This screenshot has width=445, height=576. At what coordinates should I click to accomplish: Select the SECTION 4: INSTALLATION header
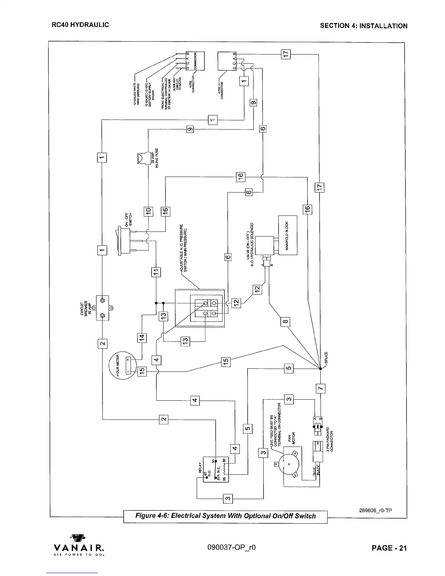[x=363, y=26]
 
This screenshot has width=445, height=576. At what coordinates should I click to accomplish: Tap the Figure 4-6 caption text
[x=225, y=516]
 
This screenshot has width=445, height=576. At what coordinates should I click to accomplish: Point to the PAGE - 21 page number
[x=389, y=548]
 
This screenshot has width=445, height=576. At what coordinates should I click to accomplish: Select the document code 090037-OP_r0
[x=233, y=548]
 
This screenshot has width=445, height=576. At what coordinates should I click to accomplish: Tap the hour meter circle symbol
[x=122, y=365]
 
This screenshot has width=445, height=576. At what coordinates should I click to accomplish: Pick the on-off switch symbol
[x=124, y=240]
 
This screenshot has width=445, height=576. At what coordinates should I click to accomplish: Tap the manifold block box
[x=288, y=235]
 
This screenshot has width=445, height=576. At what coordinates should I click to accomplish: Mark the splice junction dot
[x=320, y=369]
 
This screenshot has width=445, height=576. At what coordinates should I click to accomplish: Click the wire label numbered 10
[x=148, y=211]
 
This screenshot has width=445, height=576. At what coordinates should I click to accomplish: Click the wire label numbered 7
[x=320, y=388]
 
